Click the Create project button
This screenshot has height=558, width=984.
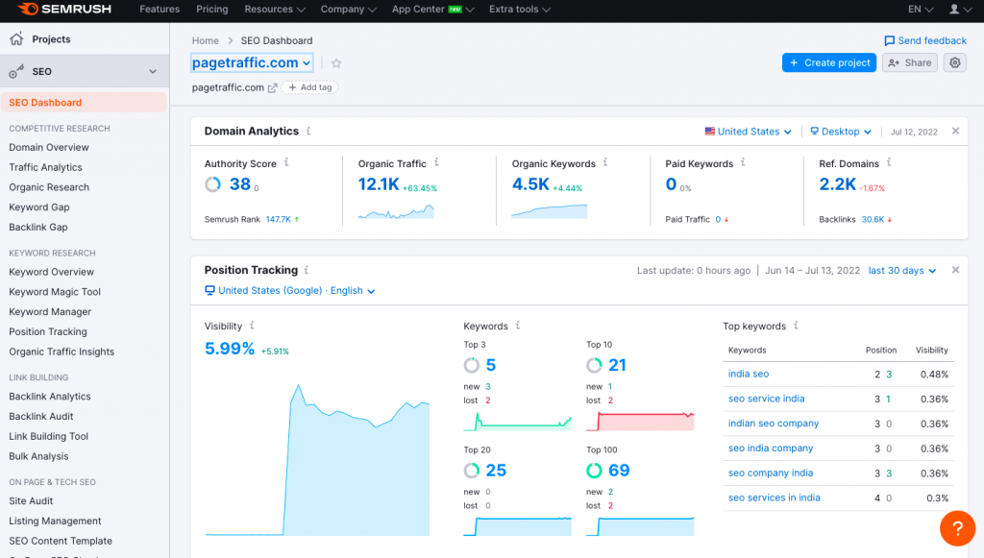pos(828,62)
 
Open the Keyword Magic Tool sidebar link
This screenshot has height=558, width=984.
pos(55,292)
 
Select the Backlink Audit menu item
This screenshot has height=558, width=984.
pos(41,417)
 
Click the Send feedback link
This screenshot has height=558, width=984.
pos(925,40)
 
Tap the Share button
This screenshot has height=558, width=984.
pos(909,62)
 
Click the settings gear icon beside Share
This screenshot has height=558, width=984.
pos(954,62)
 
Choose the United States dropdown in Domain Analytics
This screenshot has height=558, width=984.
pos(749,132)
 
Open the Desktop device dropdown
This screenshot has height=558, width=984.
pos(840,132)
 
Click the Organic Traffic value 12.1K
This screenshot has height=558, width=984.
pos(379,184)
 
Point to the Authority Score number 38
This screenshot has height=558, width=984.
pos(239,184)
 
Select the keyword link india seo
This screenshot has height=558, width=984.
pos(749,375)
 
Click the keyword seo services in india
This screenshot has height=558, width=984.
pos(774,498)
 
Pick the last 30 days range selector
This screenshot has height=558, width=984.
pos(901,271)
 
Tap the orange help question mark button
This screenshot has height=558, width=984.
pos(957,527)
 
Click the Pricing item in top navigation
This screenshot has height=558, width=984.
pos(212,10)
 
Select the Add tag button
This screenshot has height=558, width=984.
pos(310,87)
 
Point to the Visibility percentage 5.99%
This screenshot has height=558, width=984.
pos(230,349)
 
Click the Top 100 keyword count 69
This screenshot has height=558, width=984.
pos(619,471)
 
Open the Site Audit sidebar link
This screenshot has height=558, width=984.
pos(31,501)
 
